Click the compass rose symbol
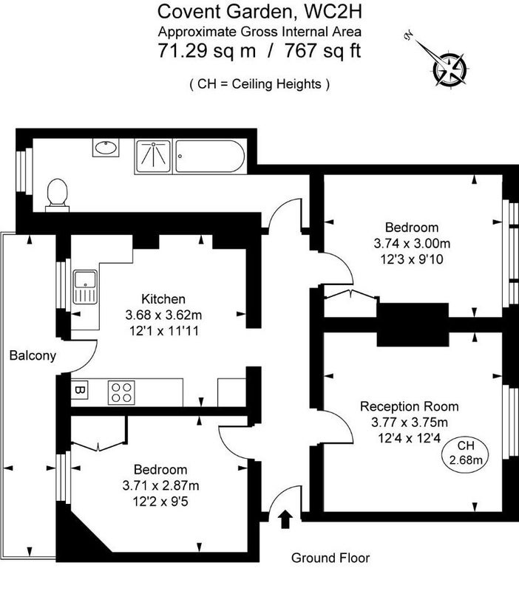(450, 69)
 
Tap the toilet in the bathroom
(58, 195)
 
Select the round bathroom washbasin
(106, 147)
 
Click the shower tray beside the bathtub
(153, 157)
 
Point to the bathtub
(210, 157)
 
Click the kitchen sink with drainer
(85, 287)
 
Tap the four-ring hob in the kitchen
(121, 393)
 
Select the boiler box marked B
(79, 390)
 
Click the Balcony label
(33, 355)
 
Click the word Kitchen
(163, 299)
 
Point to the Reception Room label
(410, 406)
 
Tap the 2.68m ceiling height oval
(466, 453)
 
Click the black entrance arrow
(285, 519)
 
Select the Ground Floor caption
(330, 558)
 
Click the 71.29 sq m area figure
(207, 50)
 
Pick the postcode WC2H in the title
(333, 11)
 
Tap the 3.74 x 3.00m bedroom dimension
(412, 244)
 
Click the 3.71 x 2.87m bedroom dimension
(160, 485)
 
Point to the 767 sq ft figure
(323, 50)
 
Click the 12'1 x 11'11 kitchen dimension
(163, 331)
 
